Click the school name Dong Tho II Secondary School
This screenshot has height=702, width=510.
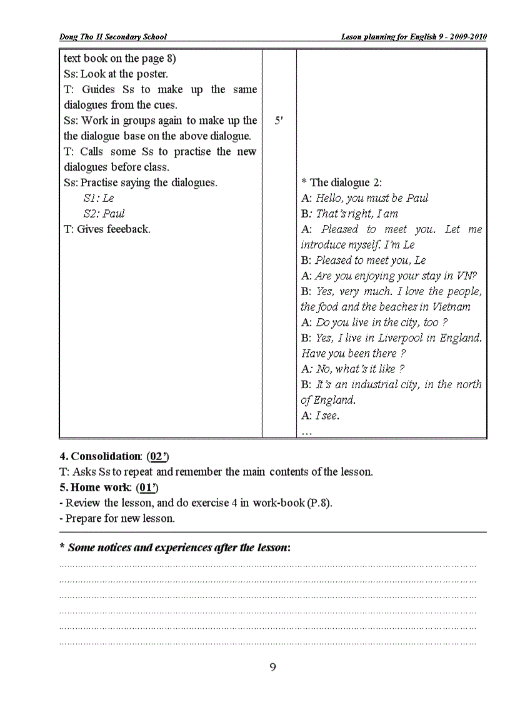tap(113, 37)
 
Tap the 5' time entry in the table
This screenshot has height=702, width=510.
tap(279, 121)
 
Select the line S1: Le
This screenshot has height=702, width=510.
tap(99, 198)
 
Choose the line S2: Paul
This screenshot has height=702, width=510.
tap(104, 214)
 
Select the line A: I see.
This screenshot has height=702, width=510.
tap(320, 416)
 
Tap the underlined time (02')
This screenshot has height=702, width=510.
tap(157, 456)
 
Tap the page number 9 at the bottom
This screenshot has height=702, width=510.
tap(272, 667)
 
